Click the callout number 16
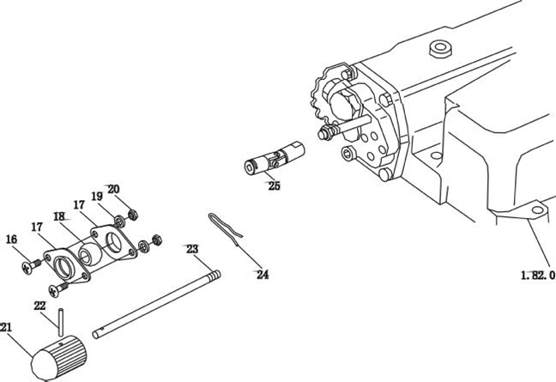(11, 240)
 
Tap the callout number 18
(59, 216)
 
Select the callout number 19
(97, 196)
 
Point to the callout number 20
(113, 189)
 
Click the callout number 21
(6, 327)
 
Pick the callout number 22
(39, 306)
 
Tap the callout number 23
(192, 249)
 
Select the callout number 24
(263, 275)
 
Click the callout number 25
(274, 185)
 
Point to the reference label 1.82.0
(538, 276)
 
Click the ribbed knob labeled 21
(59, 357)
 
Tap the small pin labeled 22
(61, 323)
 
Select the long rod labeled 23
(157, 305)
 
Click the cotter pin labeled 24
(226, 227)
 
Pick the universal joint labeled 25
(275, 158)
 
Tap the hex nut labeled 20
(133, 215)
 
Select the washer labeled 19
(120, 222)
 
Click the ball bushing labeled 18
(89, 253)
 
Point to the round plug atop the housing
(440, 49)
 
